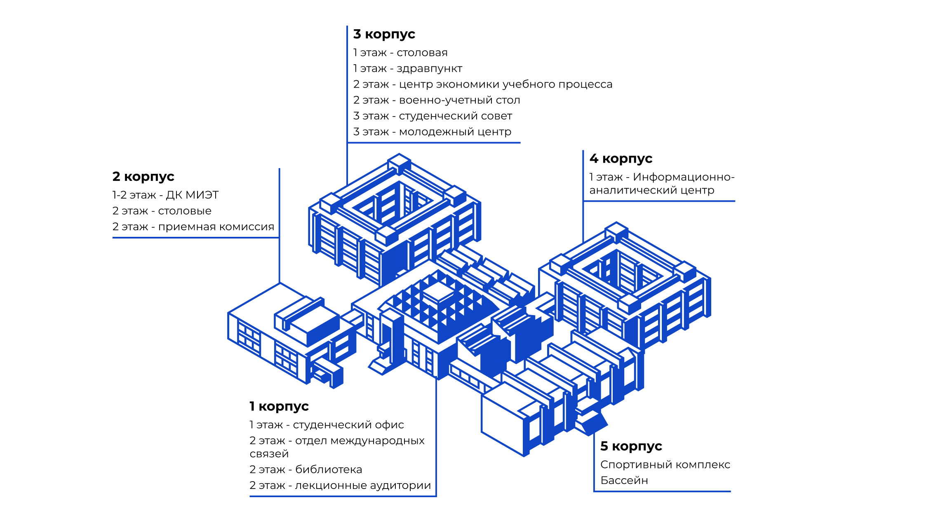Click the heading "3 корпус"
click(384, 34)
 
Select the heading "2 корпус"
click(143, 177)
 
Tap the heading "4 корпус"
click(621, 159)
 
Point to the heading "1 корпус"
click(279, 407)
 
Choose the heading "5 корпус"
click(631, 446)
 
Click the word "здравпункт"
click(429, 68)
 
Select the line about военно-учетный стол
click(436, 100)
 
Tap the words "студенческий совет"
click(455, 116)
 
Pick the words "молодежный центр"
click(455, 132)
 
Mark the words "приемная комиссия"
click(216, 227)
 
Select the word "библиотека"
click(329, 470)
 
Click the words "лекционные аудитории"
click(363, 486)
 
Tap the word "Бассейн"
click(624, 481)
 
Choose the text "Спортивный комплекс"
click(665, 465)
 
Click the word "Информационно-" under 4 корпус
click(684, 177)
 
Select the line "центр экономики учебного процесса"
click(505, 84)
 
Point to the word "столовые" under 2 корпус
click(184, 211)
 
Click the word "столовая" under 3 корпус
click(422, 53)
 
